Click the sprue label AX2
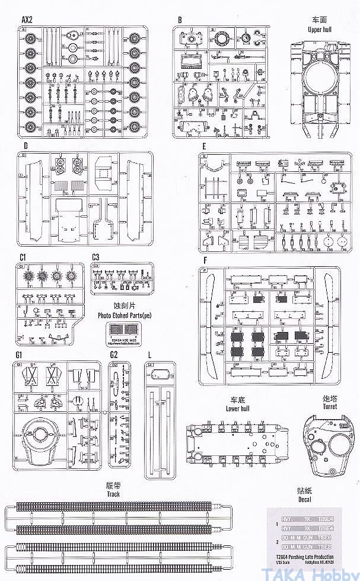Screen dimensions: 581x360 27,20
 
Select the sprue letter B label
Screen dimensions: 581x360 179,20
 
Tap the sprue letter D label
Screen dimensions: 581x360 26,146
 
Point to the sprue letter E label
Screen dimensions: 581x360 203,146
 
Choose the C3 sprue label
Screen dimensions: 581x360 96,257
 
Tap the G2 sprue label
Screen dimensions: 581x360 114,355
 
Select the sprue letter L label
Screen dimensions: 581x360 149,355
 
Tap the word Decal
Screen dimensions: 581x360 305,499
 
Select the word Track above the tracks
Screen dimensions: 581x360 114,493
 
